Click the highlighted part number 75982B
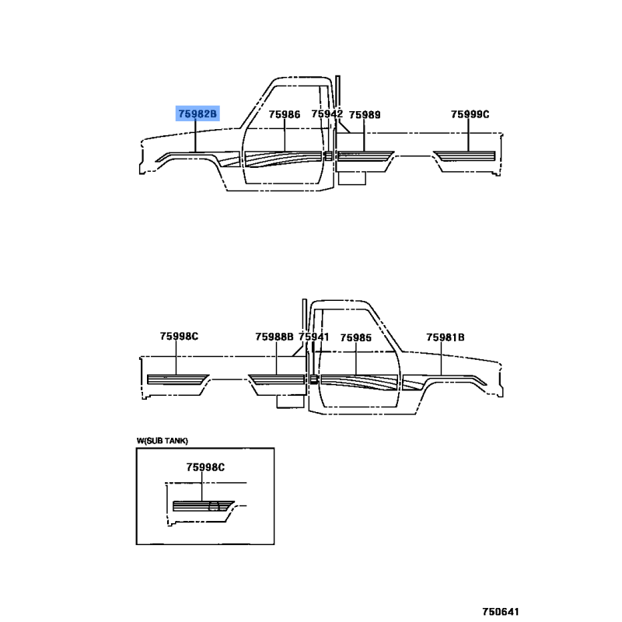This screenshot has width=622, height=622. (197, 114)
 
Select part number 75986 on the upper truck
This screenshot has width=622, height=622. (285, 114)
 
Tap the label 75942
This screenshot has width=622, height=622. (327, 114)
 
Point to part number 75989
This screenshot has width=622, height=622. (365, 114)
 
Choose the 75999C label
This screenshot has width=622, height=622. (470, 114)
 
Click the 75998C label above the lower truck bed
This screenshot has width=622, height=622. (179, 337)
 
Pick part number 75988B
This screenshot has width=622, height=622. (274, 337)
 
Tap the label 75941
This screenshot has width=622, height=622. (314, 337)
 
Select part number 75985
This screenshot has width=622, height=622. (356, 337)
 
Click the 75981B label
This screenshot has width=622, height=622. (446, 337)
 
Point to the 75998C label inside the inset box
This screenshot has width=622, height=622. (205, 467)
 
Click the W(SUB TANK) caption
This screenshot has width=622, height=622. (162, 441)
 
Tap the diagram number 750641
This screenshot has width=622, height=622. (501, 611)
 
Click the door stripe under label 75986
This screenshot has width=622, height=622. (283, 159)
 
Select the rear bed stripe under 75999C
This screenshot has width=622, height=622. (465, 156)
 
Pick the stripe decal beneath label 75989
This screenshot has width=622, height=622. (365, 156)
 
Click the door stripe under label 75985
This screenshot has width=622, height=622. (359, 382)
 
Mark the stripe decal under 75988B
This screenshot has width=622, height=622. (277, 379)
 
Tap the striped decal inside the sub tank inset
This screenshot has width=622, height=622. (203, 506)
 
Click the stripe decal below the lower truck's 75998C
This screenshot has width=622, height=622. (178, 379)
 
